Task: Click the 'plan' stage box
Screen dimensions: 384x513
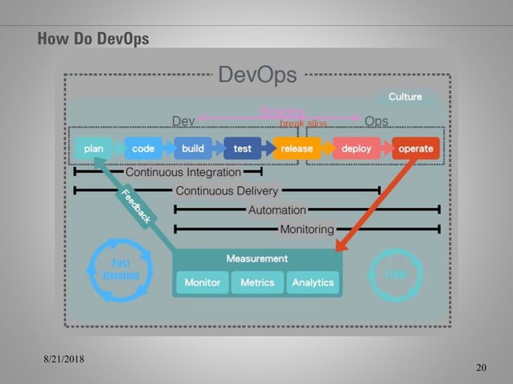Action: pyautogui.click(x=93, y=149)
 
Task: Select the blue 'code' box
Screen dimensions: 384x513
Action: pyautogui.click(x=143, y=149)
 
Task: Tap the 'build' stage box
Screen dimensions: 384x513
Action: pyautogui.click(x=193, y=149)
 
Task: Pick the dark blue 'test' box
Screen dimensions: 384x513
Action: pyautogui.click(x=243, y=149)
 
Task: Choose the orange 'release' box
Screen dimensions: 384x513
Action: pyautogui.click(x=297, y=149)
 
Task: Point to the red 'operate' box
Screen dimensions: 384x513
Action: pyautogui.click(x=416, y=149)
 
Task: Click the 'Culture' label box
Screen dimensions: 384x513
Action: pyautogui.click(x=405, y=97)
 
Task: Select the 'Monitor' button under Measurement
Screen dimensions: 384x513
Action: pyautogui.click(x=202, y=283)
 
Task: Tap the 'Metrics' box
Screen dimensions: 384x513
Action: pyautogui.click(x=257, y=283)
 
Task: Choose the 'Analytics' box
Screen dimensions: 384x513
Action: pyautogui.click(x=313, y=283)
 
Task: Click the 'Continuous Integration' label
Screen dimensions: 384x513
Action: pyautogui.click(x=183, y=172)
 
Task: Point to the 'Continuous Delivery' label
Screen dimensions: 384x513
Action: pyautogui.click(x=227, y=191)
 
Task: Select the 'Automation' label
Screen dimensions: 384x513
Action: pyautogui.click(x=277, y=210)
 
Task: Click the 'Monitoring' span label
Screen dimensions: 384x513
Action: pyautogui.click(x=306, y=230)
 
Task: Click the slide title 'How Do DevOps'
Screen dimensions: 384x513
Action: pyautogui.click(x=93, y=39)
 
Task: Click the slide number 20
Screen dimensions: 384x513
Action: pyautogui.click(x=481, y=368)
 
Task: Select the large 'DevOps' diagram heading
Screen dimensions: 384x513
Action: pyautogui.click(x=257, y=76)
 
